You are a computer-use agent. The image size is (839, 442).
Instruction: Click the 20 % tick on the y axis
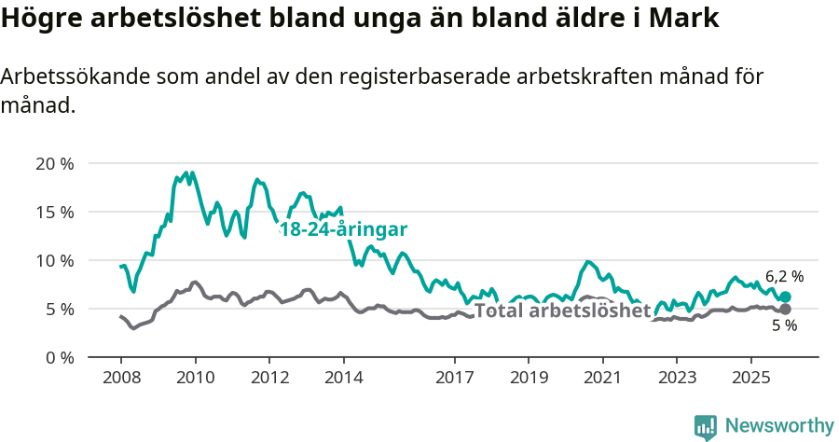(54, 164)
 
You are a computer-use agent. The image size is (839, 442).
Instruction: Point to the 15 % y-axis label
(54, 212)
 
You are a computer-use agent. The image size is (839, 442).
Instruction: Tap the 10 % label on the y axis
(54, 260)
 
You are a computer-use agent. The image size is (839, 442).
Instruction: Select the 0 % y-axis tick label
(59, 357)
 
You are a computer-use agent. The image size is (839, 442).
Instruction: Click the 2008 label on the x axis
(121, 378)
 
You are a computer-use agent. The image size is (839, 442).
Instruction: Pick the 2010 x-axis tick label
(195, 378)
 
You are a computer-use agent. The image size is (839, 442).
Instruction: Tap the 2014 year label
(343, 378)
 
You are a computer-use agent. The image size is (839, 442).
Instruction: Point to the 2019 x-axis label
(529, 378)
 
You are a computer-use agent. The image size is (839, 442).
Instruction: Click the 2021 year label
(602, 378)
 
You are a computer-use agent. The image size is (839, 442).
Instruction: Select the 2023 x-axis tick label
(677, 378)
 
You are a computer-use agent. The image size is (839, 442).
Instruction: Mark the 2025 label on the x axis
(750, 378)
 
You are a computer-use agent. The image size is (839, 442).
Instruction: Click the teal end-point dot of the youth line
(785, 297)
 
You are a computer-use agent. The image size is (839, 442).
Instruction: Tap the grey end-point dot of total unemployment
(785, 309)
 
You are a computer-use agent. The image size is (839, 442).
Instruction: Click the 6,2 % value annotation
(784, 277)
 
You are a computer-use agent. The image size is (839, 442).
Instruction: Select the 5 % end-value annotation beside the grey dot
(785, 326)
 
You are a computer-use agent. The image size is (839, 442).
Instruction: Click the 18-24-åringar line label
(343, 229)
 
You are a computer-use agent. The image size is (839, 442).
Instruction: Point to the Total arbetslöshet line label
(562, 311)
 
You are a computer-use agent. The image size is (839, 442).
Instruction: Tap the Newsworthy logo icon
(706, 426)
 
